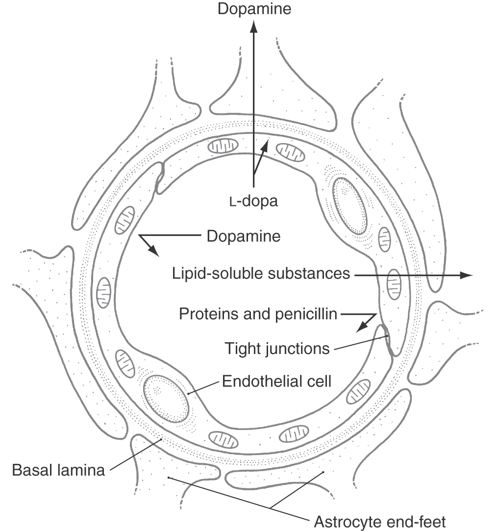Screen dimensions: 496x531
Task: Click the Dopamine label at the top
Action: (254, 9)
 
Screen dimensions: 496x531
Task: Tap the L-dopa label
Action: (253, 201)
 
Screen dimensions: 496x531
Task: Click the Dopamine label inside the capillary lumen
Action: (244, 236)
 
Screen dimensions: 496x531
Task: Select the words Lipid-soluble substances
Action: (261, 273)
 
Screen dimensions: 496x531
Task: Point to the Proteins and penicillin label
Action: (258, 314)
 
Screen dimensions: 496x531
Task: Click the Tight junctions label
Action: (277, 349)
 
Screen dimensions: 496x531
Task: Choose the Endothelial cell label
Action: (276, 381)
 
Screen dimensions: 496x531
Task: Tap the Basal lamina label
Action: (58, 470)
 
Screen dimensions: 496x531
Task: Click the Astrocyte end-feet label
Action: (379, 522)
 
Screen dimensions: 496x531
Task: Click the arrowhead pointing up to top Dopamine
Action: (253, 26)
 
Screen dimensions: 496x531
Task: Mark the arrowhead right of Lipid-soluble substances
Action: (466, 276)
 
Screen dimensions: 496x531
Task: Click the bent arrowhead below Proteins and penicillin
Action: (361, 327)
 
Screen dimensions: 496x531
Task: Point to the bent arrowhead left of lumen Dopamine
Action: (153, 251)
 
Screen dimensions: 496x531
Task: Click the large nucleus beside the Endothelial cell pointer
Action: (166, 399)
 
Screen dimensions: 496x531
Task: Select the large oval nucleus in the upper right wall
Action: (350, 206)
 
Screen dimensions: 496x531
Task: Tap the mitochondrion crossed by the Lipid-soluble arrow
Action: (394, 284)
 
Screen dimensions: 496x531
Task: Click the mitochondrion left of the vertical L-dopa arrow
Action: (223, 145)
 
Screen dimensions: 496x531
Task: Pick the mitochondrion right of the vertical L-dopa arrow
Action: (290, 152)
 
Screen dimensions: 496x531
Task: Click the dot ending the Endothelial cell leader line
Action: (188, 394)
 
